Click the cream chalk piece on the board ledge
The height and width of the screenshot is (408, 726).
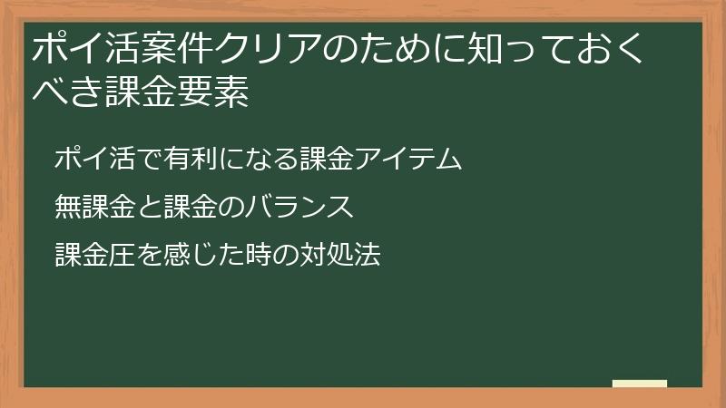(639, 384)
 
